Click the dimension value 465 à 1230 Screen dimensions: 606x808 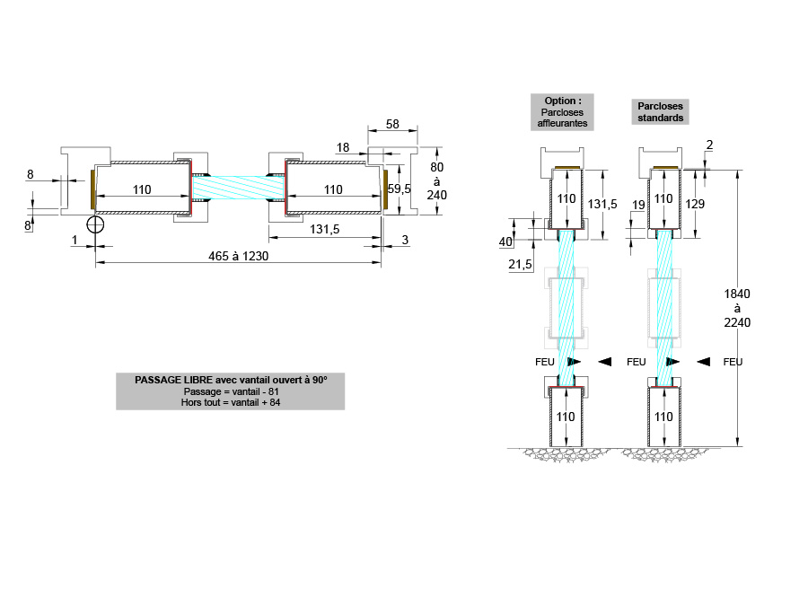[x=238, y=256]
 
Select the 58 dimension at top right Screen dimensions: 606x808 [x=392, y=125]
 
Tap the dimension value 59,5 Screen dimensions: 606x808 [x=399, y=189]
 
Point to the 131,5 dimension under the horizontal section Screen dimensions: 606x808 [x=323, y=230]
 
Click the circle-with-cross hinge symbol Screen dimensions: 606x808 [x=96, y=224]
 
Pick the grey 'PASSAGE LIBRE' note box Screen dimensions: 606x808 [x=230, y=391]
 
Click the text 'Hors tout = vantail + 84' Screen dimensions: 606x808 [x=230, y=403]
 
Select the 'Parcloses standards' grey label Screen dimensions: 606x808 [x=661, y=111]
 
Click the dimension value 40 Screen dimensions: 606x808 [x=505, y=242]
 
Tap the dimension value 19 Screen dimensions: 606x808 [x=639, y=206]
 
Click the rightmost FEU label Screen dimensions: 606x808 [x=733, y=362]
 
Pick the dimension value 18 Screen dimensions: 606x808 [x=343, y=146]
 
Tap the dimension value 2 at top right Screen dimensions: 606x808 [x=709, y=145]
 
